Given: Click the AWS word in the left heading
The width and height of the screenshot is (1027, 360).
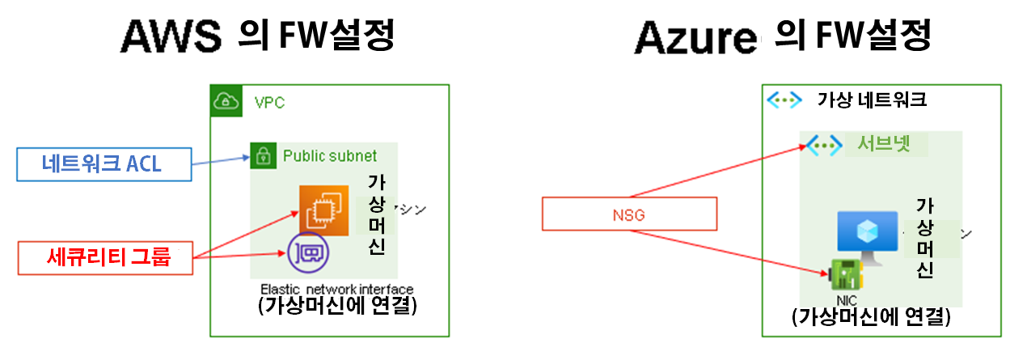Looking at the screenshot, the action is (x=170, y=36).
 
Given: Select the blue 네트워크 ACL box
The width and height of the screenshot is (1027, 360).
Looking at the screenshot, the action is (x=102, y=163).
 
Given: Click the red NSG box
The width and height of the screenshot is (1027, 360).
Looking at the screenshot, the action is (x=629, y=216).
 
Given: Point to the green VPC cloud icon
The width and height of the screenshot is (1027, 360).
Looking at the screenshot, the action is (x=225, y=100).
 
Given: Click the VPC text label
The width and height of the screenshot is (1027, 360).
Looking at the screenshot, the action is (x=269, y=104).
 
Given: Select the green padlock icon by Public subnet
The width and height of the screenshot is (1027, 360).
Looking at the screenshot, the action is (x=260, y=155).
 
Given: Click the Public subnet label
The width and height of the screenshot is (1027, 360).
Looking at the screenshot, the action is (x=329, y=155).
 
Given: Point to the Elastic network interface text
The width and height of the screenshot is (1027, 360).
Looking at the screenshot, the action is (x=336, y=289).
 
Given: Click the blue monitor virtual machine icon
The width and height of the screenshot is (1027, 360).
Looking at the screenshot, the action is (x=867, y=234).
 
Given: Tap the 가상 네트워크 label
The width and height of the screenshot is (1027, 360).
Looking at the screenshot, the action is (x=872, y=100).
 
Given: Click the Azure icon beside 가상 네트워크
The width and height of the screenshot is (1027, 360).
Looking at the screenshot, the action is (x=783, y=100).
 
